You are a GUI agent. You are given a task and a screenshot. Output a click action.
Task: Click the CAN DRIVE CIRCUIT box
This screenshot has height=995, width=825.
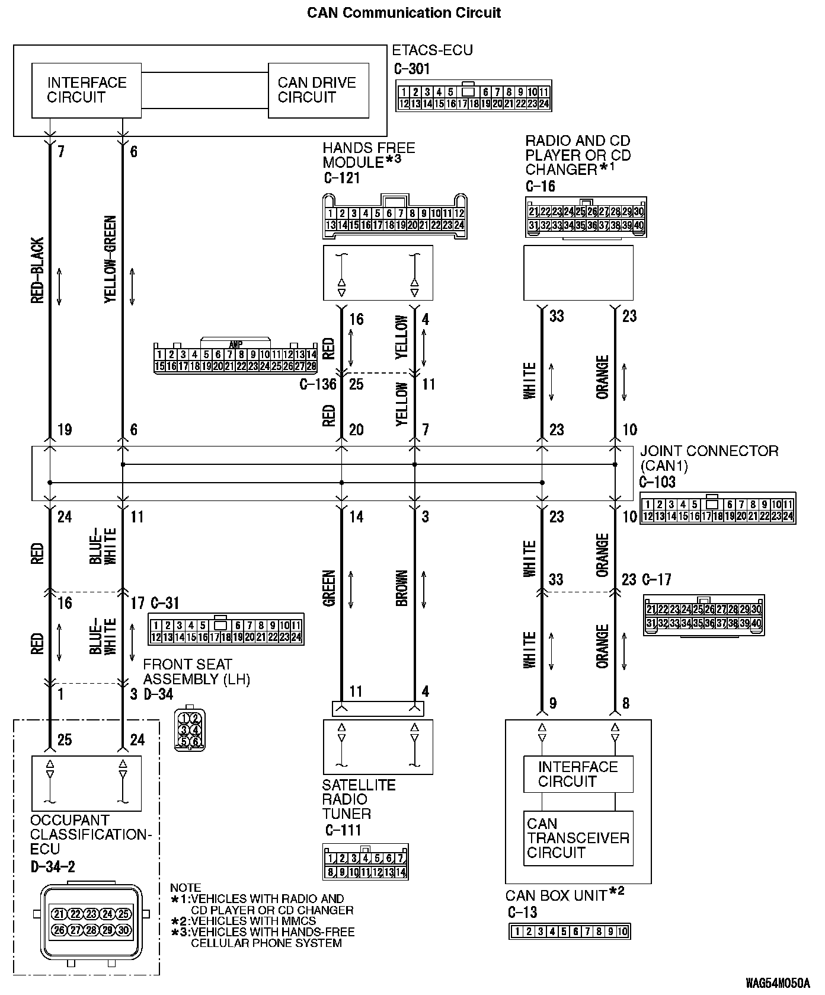pos(318,91)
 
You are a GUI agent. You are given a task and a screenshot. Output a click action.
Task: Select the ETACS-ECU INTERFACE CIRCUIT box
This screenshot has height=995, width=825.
pos(87,91)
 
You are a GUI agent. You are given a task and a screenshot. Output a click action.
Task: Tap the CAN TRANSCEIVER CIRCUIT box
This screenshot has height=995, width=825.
pos(578,838)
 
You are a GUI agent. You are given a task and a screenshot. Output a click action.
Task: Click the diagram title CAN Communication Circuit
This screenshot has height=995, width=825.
pos(404,12)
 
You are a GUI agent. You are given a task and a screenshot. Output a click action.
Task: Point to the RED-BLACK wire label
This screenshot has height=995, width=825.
pos(37,270)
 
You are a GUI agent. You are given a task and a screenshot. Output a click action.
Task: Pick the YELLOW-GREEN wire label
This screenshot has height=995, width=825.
pos(110,260)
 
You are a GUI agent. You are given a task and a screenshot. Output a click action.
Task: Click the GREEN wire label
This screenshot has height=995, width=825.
pos(330,588)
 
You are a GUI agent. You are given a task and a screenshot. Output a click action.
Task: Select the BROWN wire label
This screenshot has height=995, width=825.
pos(402,588)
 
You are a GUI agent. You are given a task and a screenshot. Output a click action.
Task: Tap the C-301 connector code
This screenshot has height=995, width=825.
pos(412,69)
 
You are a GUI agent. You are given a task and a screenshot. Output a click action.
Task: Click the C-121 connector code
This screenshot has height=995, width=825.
pos(342,178)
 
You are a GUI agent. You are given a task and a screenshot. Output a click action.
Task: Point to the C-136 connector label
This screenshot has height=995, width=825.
pos(318,384)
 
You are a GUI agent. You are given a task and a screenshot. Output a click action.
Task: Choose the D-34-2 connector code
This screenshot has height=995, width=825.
pos(53,867)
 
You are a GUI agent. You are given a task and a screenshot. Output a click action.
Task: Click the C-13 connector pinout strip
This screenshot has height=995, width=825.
pos(569,932)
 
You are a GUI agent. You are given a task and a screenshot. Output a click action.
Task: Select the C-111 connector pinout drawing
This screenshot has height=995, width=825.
pos(366,862)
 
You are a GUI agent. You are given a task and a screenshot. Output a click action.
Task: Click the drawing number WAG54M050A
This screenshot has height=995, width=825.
pos(777,983)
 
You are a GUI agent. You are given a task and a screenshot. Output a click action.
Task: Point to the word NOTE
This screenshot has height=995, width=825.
pos(186,888)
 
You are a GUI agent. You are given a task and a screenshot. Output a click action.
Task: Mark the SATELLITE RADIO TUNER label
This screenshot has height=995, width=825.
pos(359,799)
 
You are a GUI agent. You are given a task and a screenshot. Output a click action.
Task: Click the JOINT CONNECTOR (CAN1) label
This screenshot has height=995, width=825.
pos(709,458)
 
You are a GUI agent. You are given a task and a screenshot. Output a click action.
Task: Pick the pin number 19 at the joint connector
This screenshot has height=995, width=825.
pos(65,429)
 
